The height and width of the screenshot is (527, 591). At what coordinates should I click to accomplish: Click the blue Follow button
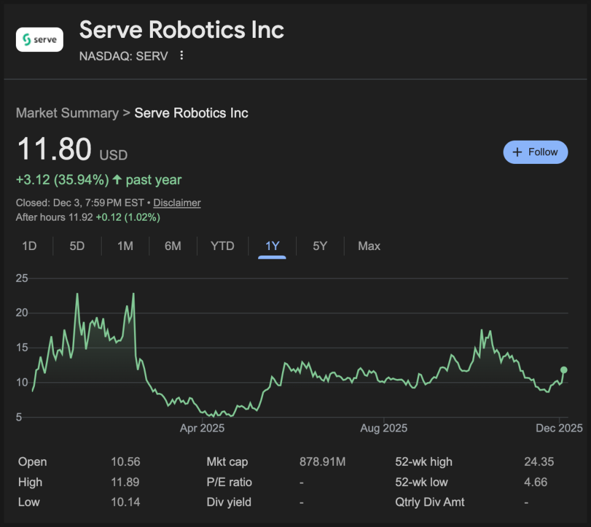click(x=535, y=152)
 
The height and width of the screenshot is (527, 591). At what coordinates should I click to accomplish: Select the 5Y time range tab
click(x=320, y=246)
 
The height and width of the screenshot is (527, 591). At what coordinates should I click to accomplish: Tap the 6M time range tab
click(x=173, y=246)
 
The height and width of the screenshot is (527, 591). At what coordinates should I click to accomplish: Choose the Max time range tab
click(x=369, y=246)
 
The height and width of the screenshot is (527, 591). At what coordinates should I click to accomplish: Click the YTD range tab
click(x=222, y=246)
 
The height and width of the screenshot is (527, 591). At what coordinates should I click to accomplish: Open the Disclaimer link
click(x=177, y=202)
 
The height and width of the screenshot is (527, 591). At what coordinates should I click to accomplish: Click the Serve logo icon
click(x=39, y=40)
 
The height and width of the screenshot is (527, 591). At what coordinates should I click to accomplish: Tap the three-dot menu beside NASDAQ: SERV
click(x=181, y=56)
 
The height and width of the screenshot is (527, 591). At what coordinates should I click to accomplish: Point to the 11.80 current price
click(x=54, y=150)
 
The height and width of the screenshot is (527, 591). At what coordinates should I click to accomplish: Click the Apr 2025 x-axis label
click(x=202, y=428)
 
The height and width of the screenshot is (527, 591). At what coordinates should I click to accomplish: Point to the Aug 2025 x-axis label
click(x=384, y=428)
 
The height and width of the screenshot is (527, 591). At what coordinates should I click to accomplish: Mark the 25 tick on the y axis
click(x=22, y=278)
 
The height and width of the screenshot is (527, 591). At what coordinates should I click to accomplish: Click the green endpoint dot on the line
click(x=564, y=370)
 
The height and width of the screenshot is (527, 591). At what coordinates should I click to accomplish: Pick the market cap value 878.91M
click(x=322, y=462)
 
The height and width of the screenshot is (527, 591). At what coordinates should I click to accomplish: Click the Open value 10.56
click(x=125, y=462)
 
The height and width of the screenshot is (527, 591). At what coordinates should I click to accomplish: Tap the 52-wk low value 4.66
click(x=535, y=482)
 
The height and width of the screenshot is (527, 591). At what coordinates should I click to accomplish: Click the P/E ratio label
click(x=229, y=482)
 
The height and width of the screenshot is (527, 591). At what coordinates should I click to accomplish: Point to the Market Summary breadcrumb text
click(x=67, y=113)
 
